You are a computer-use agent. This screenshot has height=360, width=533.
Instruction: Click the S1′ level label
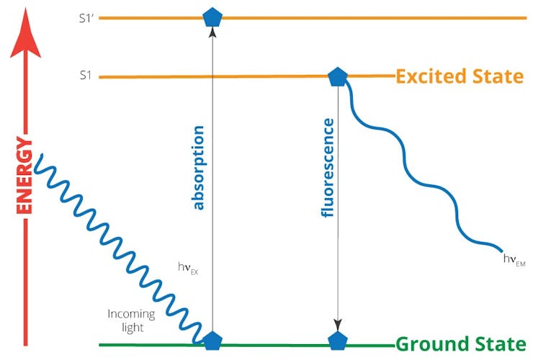(86, 18)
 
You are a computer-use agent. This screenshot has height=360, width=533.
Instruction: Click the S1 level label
(86, 75)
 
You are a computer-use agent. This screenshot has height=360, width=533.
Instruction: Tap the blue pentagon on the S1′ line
(212, 17)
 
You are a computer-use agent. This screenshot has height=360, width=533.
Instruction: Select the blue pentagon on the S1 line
(338, 77)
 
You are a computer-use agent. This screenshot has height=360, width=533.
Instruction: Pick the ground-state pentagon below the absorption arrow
(212, 341)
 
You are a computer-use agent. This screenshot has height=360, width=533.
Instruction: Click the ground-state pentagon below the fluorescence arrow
(338, 341)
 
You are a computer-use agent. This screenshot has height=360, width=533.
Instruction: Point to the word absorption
(198, 168)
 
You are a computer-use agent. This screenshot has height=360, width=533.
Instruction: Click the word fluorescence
(328, 168)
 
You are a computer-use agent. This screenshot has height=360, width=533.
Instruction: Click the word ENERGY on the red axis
(24, 176)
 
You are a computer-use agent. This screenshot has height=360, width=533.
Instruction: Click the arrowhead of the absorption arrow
(212, 32)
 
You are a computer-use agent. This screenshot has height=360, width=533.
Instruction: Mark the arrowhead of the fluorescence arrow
(338, 325)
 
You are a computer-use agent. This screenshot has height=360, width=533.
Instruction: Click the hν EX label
(188, 268)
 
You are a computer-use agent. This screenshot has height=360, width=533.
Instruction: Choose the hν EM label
(514, 260)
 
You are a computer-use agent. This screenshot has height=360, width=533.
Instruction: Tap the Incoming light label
(132, 320)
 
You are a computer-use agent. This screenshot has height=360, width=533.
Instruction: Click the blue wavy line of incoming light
(117, 249)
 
